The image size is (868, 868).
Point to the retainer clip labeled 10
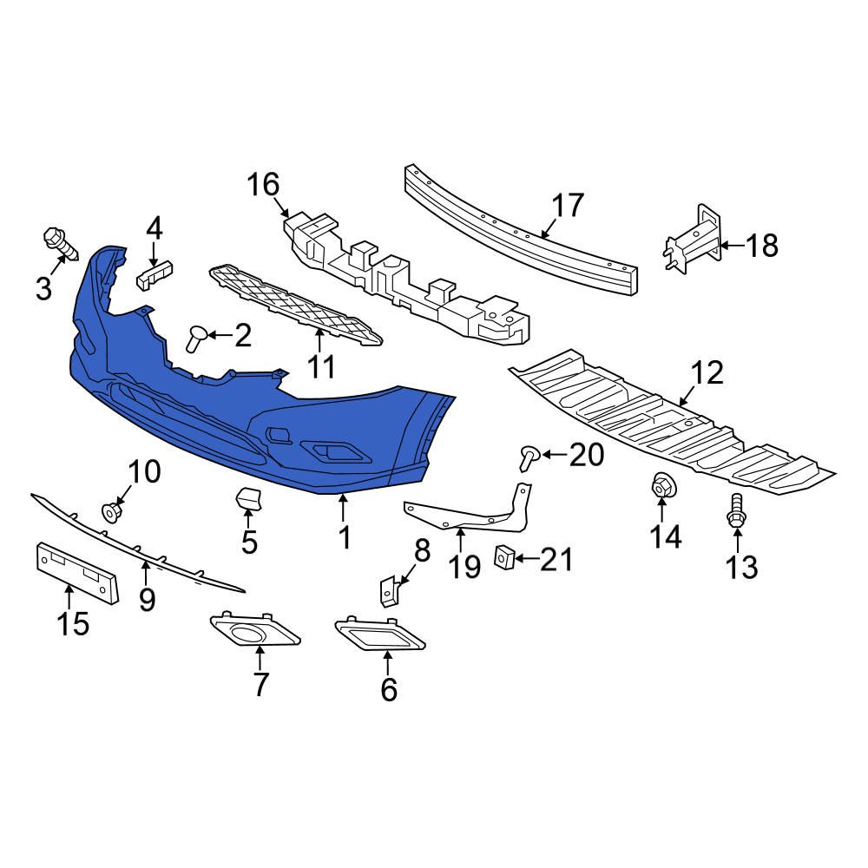click(111, 510)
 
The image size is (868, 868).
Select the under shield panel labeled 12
click(668, 425)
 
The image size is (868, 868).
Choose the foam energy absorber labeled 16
click(408, 278)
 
